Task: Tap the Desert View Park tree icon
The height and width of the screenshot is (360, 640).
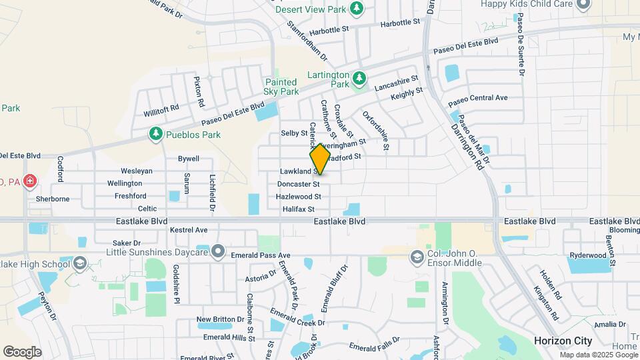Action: (x=358, y=7)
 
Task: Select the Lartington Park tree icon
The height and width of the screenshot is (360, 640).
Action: (x=359, y=79)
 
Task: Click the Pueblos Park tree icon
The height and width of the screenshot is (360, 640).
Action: (x=156, y=134)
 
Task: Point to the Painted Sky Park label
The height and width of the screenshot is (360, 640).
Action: (x=281, y=87)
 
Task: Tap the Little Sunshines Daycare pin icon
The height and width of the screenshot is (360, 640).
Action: (x=218, y=251)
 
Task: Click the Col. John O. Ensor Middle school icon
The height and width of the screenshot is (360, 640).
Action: (x=417, y=257)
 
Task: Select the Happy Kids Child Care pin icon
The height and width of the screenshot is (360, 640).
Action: (x=584, y=5)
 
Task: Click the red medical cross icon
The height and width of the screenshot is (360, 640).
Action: (x=29, y=181)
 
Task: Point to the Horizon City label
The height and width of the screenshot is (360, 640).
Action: (x=563, y=341)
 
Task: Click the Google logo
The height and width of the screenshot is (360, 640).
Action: (x=22, y=352)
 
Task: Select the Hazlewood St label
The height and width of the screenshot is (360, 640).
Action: (x=299, y=197)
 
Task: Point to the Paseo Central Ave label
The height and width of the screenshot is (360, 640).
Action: (x=478, y=99)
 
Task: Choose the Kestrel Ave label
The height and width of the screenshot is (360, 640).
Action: (x=189, y=230)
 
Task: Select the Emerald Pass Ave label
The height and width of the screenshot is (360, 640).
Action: (x=261, y=255)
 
